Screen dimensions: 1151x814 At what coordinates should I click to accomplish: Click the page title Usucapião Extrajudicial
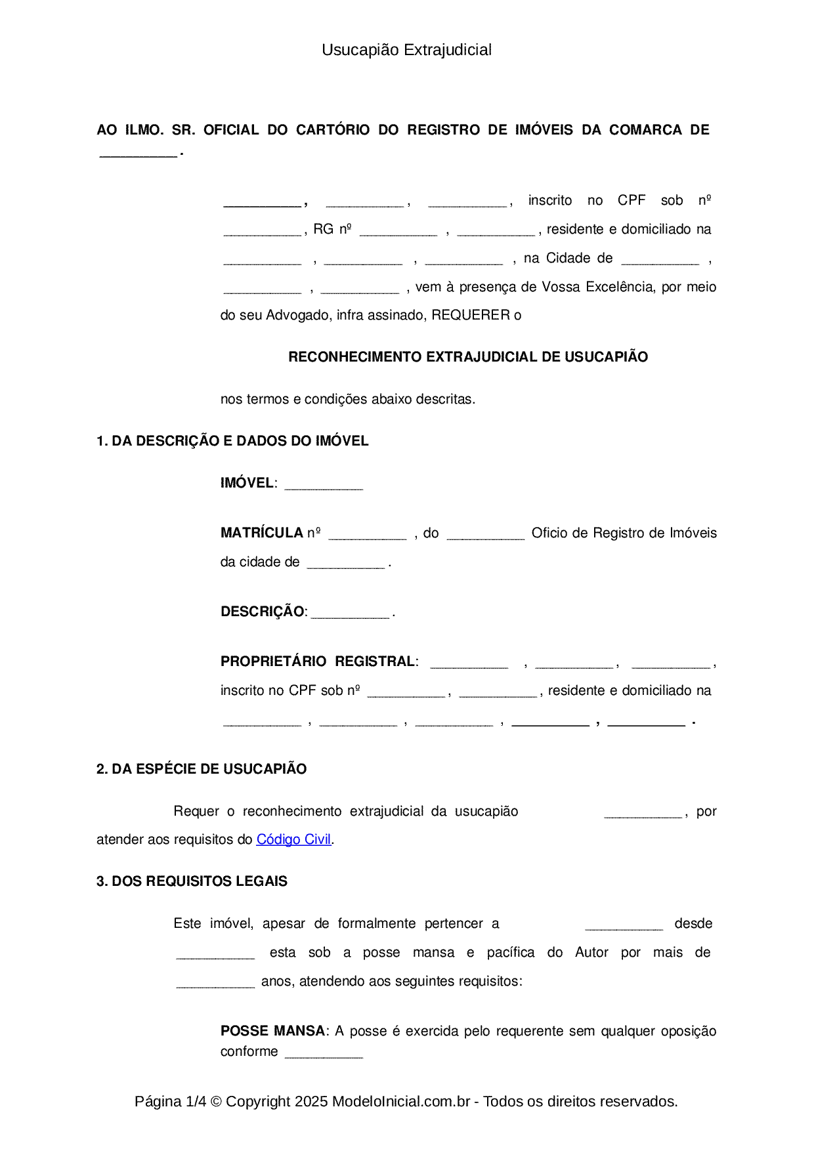click(406, 50)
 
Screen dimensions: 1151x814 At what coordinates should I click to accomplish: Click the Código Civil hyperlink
click(293, 839)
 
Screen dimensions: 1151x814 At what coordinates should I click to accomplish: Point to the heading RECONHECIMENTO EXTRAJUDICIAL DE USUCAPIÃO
click(468, 357)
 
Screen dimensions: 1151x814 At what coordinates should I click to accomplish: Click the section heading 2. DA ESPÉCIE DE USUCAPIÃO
click(202, 769)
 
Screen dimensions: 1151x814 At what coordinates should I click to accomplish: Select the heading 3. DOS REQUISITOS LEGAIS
click(192, 881)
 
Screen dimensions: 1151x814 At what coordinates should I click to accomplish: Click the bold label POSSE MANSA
click(272, 1031)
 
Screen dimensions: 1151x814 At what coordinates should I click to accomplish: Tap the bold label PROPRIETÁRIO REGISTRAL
click(318, 661)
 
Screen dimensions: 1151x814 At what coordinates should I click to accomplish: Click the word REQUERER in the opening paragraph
click(471, 315)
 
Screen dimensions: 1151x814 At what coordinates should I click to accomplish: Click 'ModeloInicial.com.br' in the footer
click(401, 1101)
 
